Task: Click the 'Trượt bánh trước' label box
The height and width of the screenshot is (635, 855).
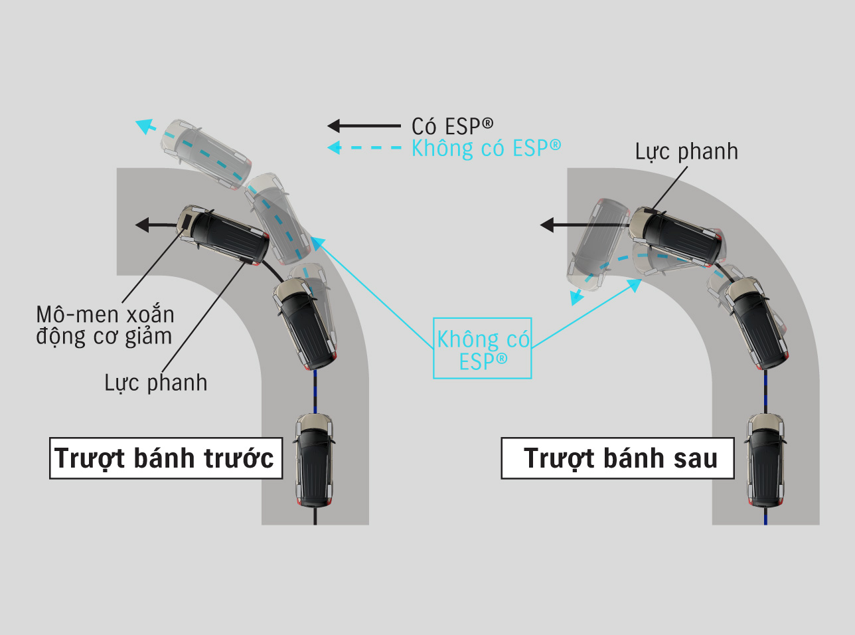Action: click(x=166, y=458)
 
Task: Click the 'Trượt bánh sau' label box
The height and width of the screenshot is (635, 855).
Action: click(x=617, y=458)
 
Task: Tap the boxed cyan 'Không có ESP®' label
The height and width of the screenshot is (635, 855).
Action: click(x=483, y=348)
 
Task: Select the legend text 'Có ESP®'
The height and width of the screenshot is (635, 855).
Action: click(x=453, y=126)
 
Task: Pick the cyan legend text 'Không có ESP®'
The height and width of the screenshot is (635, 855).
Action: click(x=486, y=148)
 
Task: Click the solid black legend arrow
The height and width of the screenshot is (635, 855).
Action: click(x=364, y=126)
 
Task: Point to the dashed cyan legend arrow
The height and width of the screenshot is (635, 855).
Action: click(x=364, y=147)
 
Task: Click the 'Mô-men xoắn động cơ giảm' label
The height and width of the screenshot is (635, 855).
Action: click(x=105, y=326)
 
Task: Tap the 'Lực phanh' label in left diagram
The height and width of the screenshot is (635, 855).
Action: click(x=156, y=383)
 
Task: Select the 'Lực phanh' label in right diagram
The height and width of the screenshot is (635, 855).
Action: click(x=686, y=151)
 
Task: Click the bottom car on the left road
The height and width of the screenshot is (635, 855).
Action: click(x=315, y=460)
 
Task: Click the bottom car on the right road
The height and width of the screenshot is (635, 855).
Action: click(x=765, y=460)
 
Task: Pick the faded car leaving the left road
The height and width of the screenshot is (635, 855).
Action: click(x=206, y=154)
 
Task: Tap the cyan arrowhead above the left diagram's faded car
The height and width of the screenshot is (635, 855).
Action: click(x=145, y=126)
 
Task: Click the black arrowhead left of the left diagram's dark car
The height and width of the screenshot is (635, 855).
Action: click(x=142, y=225)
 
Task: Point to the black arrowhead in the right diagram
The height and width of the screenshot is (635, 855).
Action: click(x=547, y=225)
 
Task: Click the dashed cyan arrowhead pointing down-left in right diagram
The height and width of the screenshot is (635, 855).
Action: click(x=577, y=298)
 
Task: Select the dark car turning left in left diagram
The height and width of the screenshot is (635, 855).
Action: click(x=223, y=235)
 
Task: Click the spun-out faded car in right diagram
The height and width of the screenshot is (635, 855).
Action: click(x=597, y=244)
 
